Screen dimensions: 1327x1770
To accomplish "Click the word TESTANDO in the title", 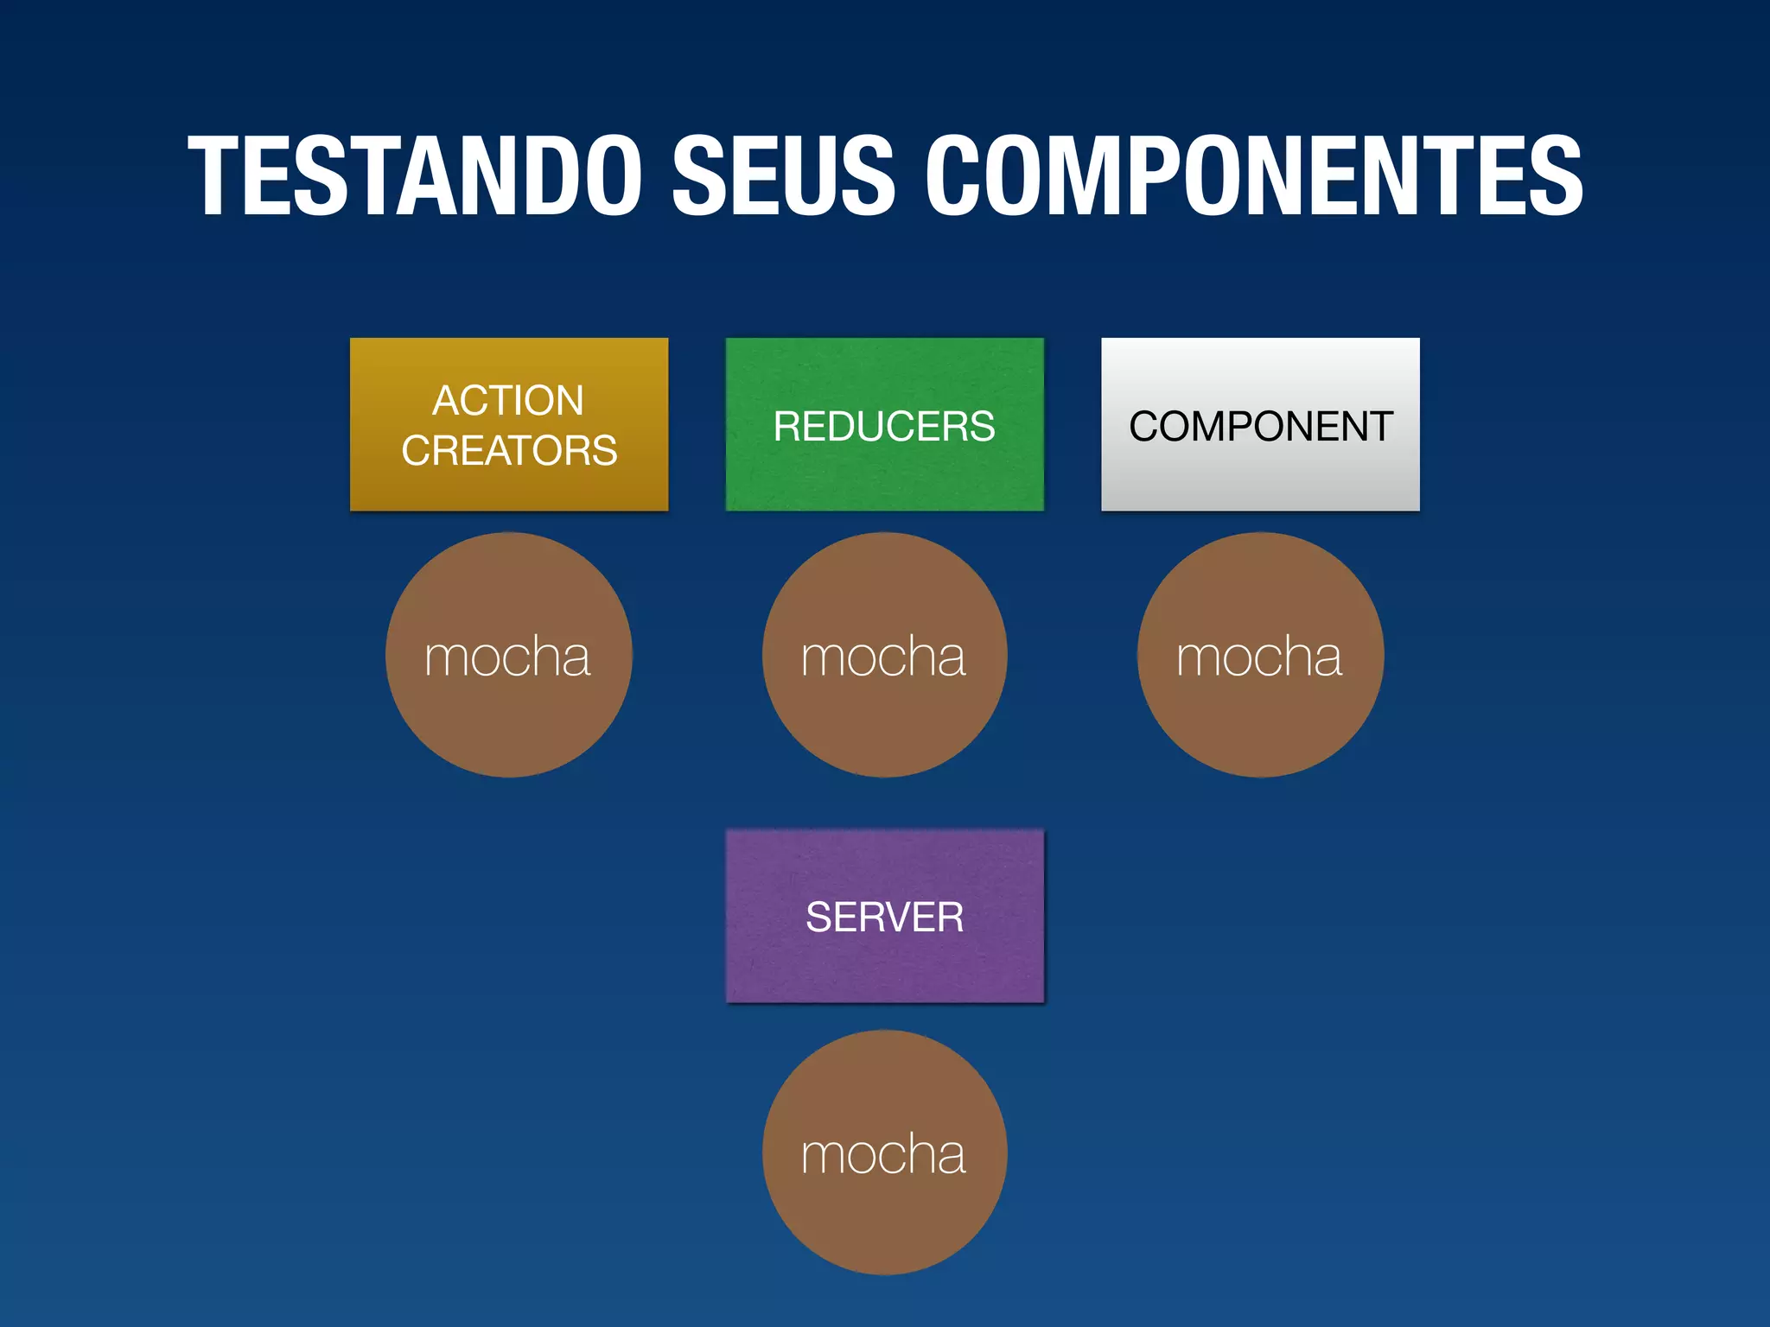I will [416, 176].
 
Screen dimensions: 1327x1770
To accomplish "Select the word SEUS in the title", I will [783, 176].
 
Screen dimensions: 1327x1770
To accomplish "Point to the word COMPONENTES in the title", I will [1254, 176].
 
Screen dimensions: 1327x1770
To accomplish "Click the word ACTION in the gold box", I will [508, 401].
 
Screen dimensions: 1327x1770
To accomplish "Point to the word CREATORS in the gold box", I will [509, 451].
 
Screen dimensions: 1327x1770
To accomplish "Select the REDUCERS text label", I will [884, 427].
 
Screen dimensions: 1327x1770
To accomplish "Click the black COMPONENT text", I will [1261, 427].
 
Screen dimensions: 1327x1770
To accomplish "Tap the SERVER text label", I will [884, 917].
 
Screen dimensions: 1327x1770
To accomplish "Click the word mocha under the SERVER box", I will [883, 1154].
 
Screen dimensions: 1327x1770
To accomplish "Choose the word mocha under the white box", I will [1259, 657].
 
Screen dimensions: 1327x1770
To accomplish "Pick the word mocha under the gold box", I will [507, 657].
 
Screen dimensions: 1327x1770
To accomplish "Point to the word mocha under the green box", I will [883, 657].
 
